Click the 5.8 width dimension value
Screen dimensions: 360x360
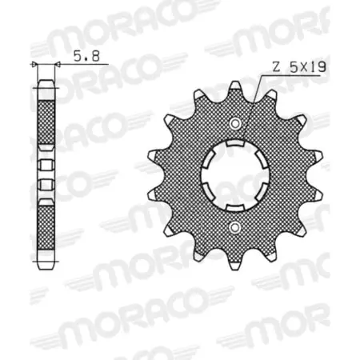83,57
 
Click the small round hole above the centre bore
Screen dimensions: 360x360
236,122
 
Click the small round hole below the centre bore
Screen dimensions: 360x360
236,230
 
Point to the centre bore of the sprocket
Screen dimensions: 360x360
236,176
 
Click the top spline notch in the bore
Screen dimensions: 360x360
236,145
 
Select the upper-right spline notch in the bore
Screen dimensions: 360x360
263,161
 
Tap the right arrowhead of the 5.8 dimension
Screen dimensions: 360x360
57,64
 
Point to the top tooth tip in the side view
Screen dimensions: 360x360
46,83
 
